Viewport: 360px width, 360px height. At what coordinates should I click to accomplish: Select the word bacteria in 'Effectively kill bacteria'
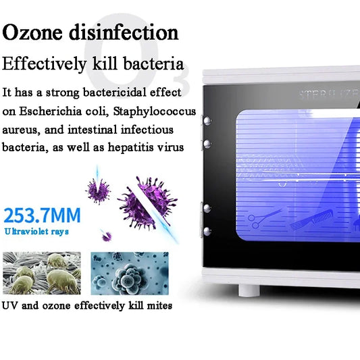click(x=153, y=64)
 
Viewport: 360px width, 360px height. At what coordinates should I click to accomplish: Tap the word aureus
click(x=22, y=128)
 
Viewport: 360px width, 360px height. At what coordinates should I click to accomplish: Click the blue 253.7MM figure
click(x=42, y=216)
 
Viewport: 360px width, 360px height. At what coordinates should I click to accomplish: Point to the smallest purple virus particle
click(x=105, y=236)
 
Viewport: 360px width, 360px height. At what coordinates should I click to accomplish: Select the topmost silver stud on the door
click(x=203, y=120)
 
